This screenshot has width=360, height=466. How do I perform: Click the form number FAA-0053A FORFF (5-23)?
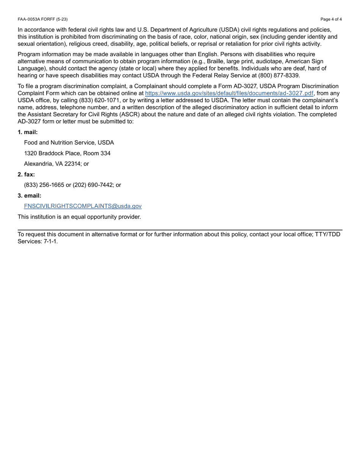click(x=42, y=19)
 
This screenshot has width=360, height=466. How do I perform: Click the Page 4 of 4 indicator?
click(x=331, y=19)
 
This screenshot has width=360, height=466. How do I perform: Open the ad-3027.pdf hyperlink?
click(x=229, y=93)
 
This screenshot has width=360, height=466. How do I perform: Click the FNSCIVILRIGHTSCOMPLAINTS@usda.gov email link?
click(x=83, y=206)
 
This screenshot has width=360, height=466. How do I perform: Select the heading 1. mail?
click(x=28, y=132)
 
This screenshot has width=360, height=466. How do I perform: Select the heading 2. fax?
click(x=26, y=175)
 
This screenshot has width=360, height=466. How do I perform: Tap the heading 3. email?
click(x=29, y=196)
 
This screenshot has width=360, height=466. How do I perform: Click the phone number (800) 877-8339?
click(x=279, y=75)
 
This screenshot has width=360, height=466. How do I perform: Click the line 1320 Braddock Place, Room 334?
click(x=67, y=153)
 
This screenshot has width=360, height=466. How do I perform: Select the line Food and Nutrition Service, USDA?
click(x=69, y=143)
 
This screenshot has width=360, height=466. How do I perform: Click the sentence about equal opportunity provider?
click(x=79, y=217)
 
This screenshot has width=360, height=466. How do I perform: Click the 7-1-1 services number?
click(x=50, y=241)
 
